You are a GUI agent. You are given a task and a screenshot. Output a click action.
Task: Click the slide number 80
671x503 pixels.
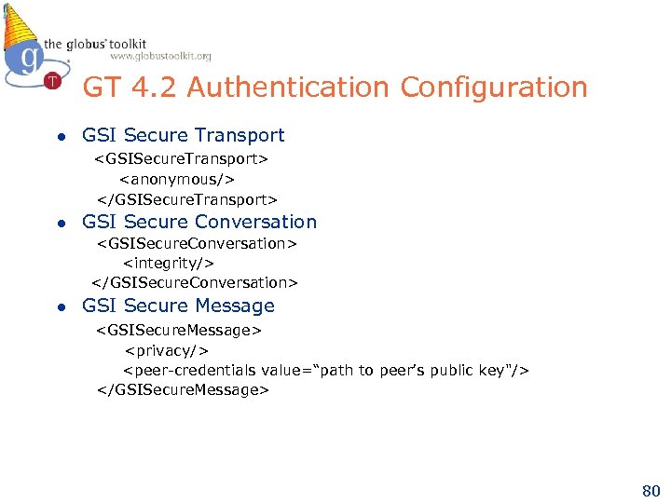[650, 490]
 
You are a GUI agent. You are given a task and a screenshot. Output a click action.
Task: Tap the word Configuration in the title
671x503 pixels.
[494, 88]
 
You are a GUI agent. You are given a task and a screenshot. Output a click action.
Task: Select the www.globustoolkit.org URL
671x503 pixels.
[160, 56]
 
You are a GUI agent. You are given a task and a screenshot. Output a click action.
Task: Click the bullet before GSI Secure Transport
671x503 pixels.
[61, 137]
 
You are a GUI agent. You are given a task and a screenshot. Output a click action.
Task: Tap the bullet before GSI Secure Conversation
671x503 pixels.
[61, 223]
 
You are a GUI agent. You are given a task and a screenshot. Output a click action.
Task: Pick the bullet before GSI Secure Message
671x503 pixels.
[61, 306]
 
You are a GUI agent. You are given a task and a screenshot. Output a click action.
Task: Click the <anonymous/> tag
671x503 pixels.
[177, 179]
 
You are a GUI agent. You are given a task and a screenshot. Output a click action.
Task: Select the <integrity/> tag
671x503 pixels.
[169, 263]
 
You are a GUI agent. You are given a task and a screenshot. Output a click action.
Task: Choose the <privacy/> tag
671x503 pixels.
[166, 350]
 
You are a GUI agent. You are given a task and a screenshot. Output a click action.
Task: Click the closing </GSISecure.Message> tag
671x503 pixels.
[183, 390]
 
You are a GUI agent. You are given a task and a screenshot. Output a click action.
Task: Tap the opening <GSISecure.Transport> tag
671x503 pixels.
[181, 158]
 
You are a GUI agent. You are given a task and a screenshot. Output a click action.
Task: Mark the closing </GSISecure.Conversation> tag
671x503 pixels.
[195, 282]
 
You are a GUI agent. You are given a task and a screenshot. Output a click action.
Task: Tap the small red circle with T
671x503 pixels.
[52, 81]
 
